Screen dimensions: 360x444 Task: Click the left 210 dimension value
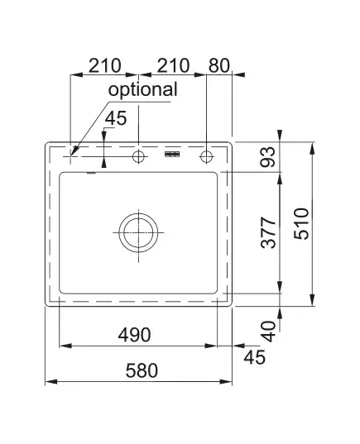click(105, 65)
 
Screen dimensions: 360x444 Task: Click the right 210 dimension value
click(173, 65)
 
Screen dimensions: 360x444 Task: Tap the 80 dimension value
click(219, 65)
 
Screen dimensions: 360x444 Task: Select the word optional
click(143, 90)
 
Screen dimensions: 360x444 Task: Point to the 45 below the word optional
click(116, 118)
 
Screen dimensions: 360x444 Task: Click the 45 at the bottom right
click(255, 357)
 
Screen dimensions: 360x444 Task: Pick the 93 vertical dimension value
click(267, 157)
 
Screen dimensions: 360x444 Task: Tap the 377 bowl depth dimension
click(268, 233)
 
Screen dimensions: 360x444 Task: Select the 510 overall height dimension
click(301, 224)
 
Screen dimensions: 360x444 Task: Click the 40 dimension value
click(268, 332)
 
